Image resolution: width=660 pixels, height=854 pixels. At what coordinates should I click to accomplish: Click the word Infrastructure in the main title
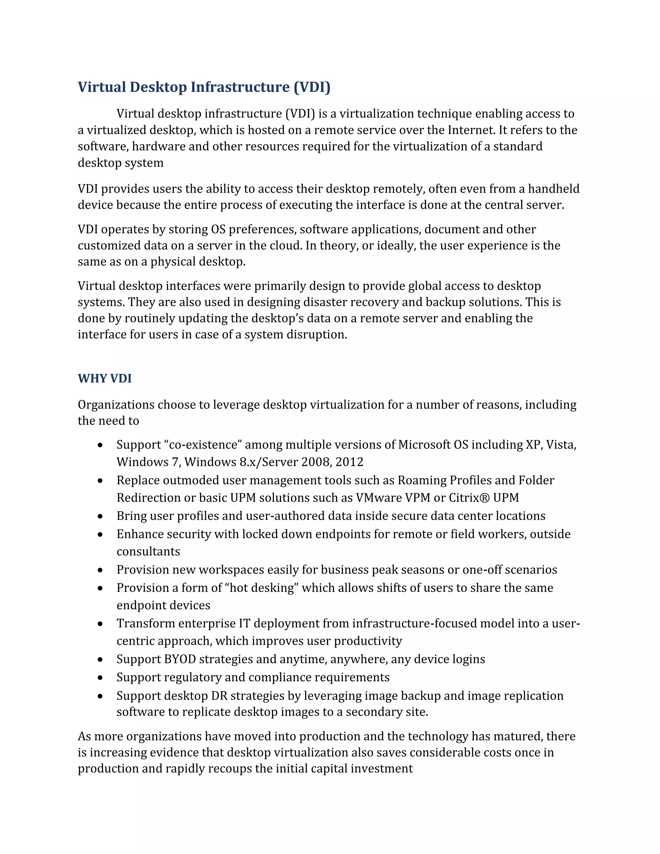pyautogui.click(x=240, y=87)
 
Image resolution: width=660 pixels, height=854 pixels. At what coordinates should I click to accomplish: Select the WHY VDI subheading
pyautogui.click(x=104, y=379)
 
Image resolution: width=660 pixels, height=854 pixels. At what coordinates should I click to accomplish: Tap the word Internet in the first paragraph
pyautogui.click(x=471, y=130)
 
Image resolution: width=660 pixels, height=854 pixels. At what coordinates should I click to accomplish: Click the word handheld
pyautogui.click(x=553, y=189)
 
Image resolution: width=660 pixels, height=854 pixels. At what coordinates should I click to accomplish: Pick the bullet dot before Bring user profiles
pyautogui.click(x=101, y=517)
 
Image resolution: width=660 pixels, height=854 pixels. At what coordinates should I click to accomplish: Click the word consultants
pyautogui.click(x=148, y=552)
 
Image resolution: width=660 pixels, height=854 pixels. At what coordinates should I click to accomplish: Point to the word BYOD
pyautogui.click(x=180, y=659)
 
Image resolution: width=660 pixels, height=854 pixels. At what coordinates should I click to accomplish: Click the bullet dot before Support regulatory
pyautogui.click(x=101, y=678)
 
